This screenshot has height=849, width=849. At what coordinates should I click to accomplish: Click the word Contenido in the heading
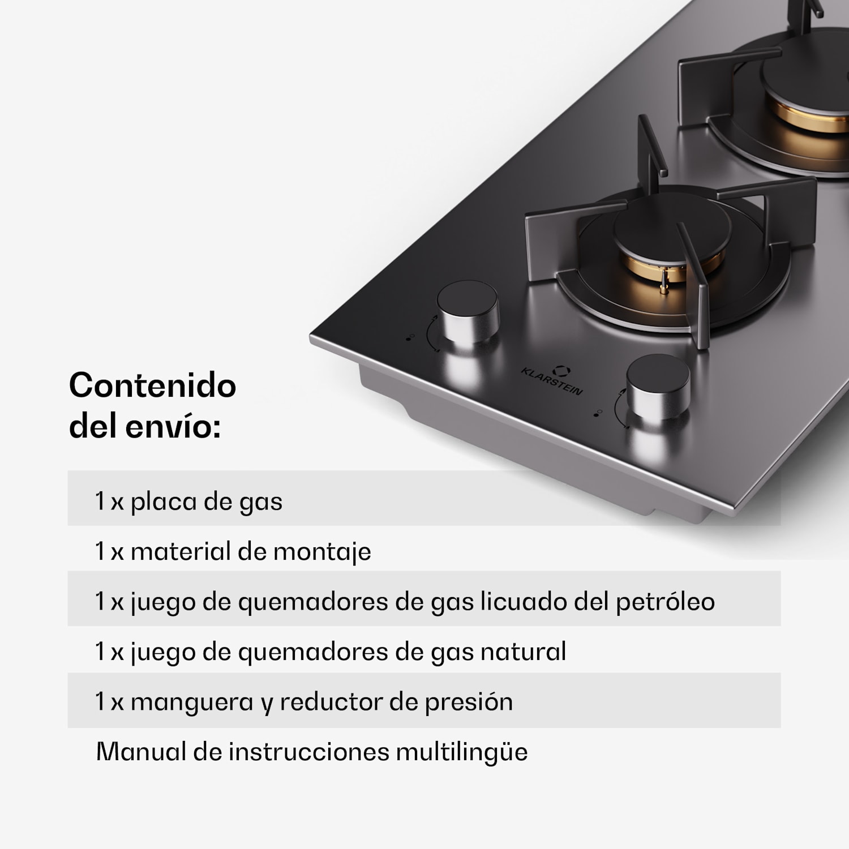click(x=152, y=385)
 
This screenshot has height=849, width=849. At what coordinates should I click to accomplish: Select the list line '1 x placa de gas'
click(x=188, y=501)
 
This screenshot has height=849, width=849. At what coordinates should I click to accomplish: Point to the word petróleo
click(x=665, y=602)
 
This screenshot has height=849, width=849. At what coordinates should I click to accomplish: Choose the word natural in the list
click(x=523, y=651)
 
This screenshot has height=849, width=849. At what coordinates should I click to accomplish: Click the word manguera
click(x=192, y=702)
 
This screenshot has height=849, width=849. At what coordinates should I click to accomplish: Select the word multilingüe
click(x=461, y=752)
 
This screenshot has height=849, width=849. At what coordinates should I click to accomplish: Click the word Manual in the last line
click(x=141, y=752)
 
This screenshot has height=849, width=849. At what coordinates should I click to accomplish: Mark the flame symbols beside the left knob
click(x=410, y=337)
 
